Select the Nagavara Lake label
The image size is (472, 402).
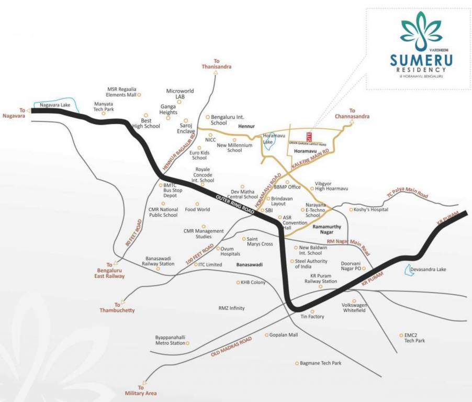click(54, 105)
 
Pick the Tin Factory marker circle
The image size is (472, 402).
click(312, 311)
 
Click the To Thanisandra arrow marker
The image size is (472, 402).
click(216, 73)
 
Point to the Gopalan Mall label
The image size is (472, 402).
click(283, 334)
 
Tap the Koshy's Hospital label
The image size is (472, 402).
click(372, 209)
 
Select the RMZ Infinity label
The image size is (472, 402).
click(231, 308)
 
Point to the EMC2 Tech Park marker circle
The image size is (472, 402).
click(400, 335)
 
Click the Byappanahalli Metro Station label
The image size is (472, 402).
click(171, 340)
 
